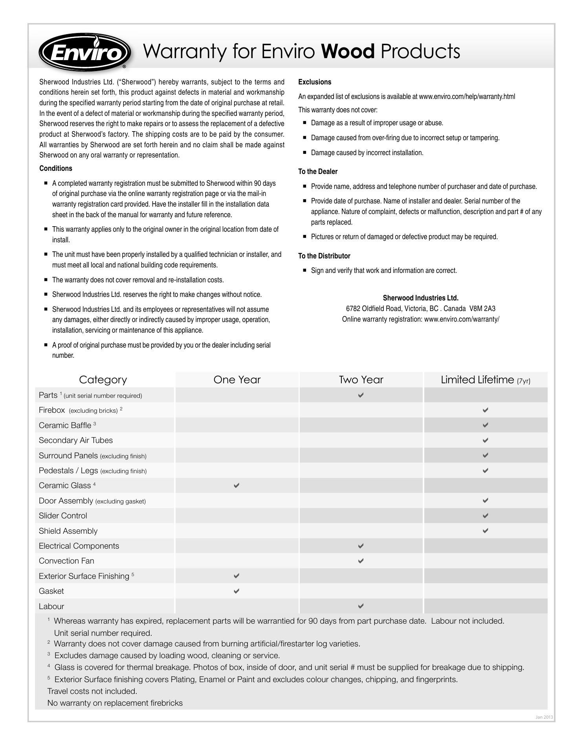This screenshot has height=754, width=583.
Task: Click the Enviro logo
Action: click(x=85, y=52)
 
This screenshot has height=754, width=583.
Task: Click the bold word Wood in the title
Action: click(x=348, y=51)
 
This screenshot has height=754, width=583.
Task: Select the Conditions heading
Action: click(x=56, y=168)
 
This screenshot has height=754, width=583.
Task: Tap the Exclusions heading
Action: click(x=315, y=82)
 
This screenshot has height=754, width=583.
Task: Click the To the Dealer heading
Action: click(x=318, y=172)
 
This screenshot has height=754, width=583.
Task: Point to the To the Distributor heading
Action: click(x=324, y=256)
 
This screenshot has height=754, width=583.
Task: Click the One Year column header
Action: click(x=237, y=380)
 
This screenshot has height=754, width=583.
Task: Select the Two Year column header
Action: click(x=361, y=380)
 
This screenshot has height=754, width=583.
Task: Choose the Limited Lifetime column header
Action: click(x=485, y=380)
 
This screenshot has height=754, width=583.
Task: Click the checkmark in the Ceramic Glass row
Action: click(x=236, y=485)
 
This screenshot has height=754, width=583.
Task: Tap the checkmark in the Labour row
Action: click(x=361, y=606)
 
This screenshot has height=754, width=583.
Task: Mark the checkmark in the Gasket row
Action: click(x=236, y=591)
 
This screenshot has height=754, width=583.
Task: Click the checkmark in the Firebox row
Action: click(x=486, y=410)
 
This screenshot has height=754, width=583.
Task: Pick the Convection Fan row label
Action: click(x=66, y=561)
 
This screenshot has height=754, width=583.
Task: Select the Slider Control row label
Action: click(x=63, y=516)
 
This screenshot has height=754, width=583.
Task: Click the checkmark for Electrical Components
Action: click(x=361, y=545)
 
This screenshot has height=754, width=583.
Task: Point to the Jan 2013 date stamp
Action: click(x=544, y=717)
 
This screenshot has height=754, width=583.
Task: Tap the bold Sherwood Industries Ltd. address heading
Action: click(x=421, y=298)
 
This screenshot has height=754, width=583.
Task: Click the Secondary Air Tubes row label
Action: click(x=76, y=440)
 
